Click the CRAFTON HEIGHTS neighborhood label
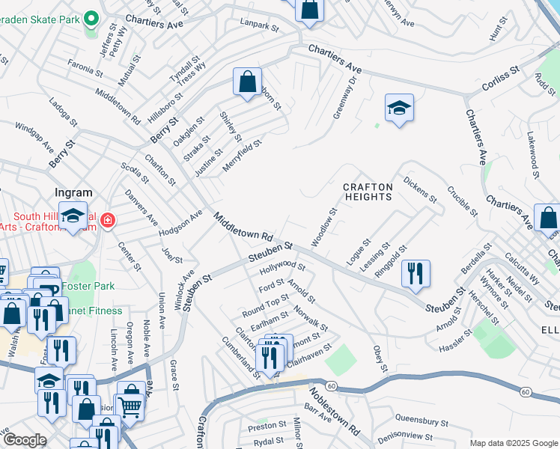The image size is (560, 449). pyautogui.click(x=367, y=192)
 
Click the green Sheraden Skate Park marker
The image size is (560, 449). pyautogui.click(x=91, y=17)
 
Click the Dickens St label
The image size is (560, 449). pyautogui.click(x=419, y=189)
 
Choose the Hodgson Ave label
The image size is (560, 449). pyautogui.click(x=180, y=224)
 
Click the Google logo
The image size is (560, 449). pyautogui.click(x=24, y=439)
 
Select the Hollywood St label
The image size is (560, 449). pyautogui.click(x=282, y=267)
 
